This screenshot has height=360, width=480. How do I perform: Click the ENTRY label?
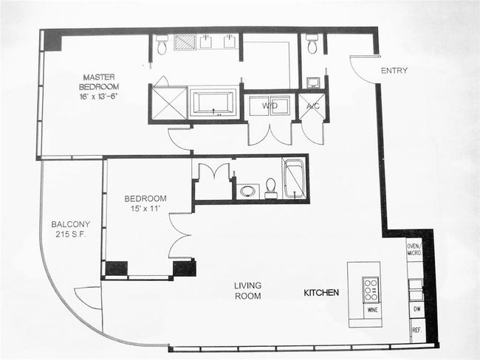394,71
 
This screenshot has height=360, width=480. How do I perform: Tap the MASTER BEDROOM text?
99,81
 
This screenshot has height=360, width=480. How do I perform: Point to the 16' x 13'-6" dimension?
98,97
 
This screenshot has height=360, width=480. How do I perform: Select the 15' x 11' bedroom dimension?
145,209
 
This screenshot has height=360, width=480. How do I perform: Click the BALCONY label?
71,224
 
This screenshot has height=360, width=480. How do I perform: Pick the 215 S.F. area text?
71,235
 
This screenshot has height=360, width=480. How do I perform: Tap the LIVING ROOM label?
248,291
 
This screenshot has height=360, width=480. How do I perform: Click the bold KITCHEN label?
321,293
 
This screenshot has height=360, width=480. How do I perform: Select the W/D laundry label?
270,105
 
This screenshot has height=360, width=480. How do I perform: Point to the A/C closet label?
313,106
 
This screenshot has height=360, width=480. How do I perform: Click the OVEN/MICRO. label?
414,249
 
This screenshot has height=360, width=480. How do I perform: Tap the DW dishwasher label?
417,309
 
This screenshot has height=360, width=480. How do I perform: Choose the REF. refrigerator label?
417,330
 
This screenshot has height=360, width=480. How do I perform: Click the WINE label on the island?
372,310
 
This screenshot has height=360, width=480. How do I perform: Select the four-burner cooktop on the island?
370,290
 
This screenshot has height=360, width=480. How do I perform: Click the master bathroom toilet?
161,45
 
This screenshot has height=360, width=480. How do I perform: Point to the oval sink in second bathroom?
248,192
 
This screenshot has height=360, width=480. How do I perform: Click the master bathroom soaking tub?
213,103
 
